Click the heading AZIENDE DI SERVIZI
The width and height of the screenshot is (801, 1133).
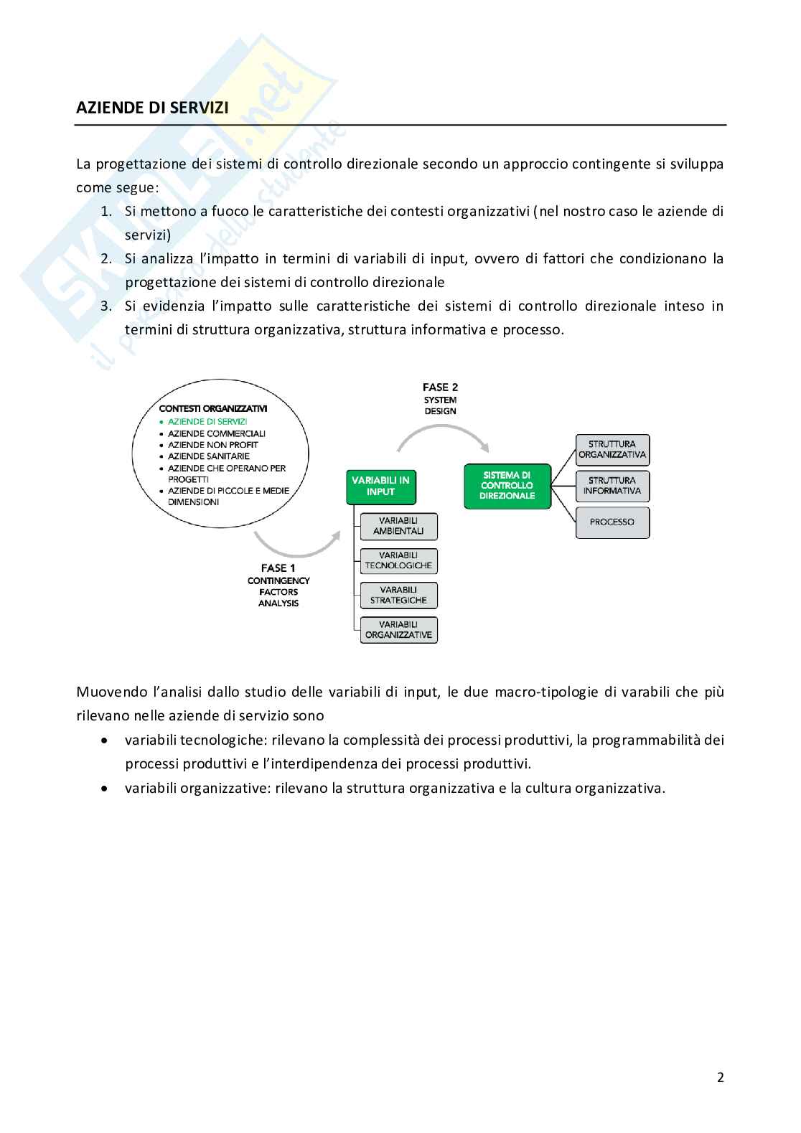click(152, 108)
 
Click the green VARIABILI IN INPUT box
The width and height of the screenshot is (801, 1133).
click(380, 486)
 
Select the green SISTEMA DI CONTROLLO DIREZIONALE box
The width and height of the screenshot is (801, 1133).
click(507, 486)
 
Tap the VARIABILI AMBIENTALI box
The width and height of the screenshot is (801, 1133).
click(398, 526)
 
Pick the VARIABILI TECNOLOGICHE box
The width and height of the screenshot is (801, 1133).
click(398, 560)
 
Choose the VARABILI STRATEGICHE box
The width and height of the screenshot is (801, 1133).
click(398, 595)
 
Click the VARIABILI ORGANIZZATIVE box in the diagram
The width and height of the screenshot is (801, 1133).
click(398, 629)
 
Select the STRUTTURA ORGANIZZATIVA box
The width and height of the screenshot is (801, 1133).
click(612, 449)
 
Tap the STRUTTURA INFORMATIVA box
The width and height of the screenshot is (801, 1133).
click(612, 486)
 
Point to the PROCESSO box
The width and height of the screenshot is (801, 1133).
click(612, 522)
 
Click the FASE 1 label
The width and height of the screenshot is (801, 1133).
click(278, 568)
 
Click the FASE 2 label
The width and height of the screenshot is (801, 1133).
click(440, 388)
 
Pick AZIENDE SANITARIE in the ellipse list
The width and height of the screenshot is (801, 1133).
click(209, 456)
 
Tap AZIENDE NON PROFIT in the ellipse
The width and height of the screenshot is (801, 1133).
click(212, 445)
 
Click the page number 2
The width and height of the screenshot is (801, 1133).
click(720, 1077)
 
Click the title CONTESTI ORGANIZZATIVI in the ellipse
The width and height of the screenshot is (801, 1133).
click(213, 408)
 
